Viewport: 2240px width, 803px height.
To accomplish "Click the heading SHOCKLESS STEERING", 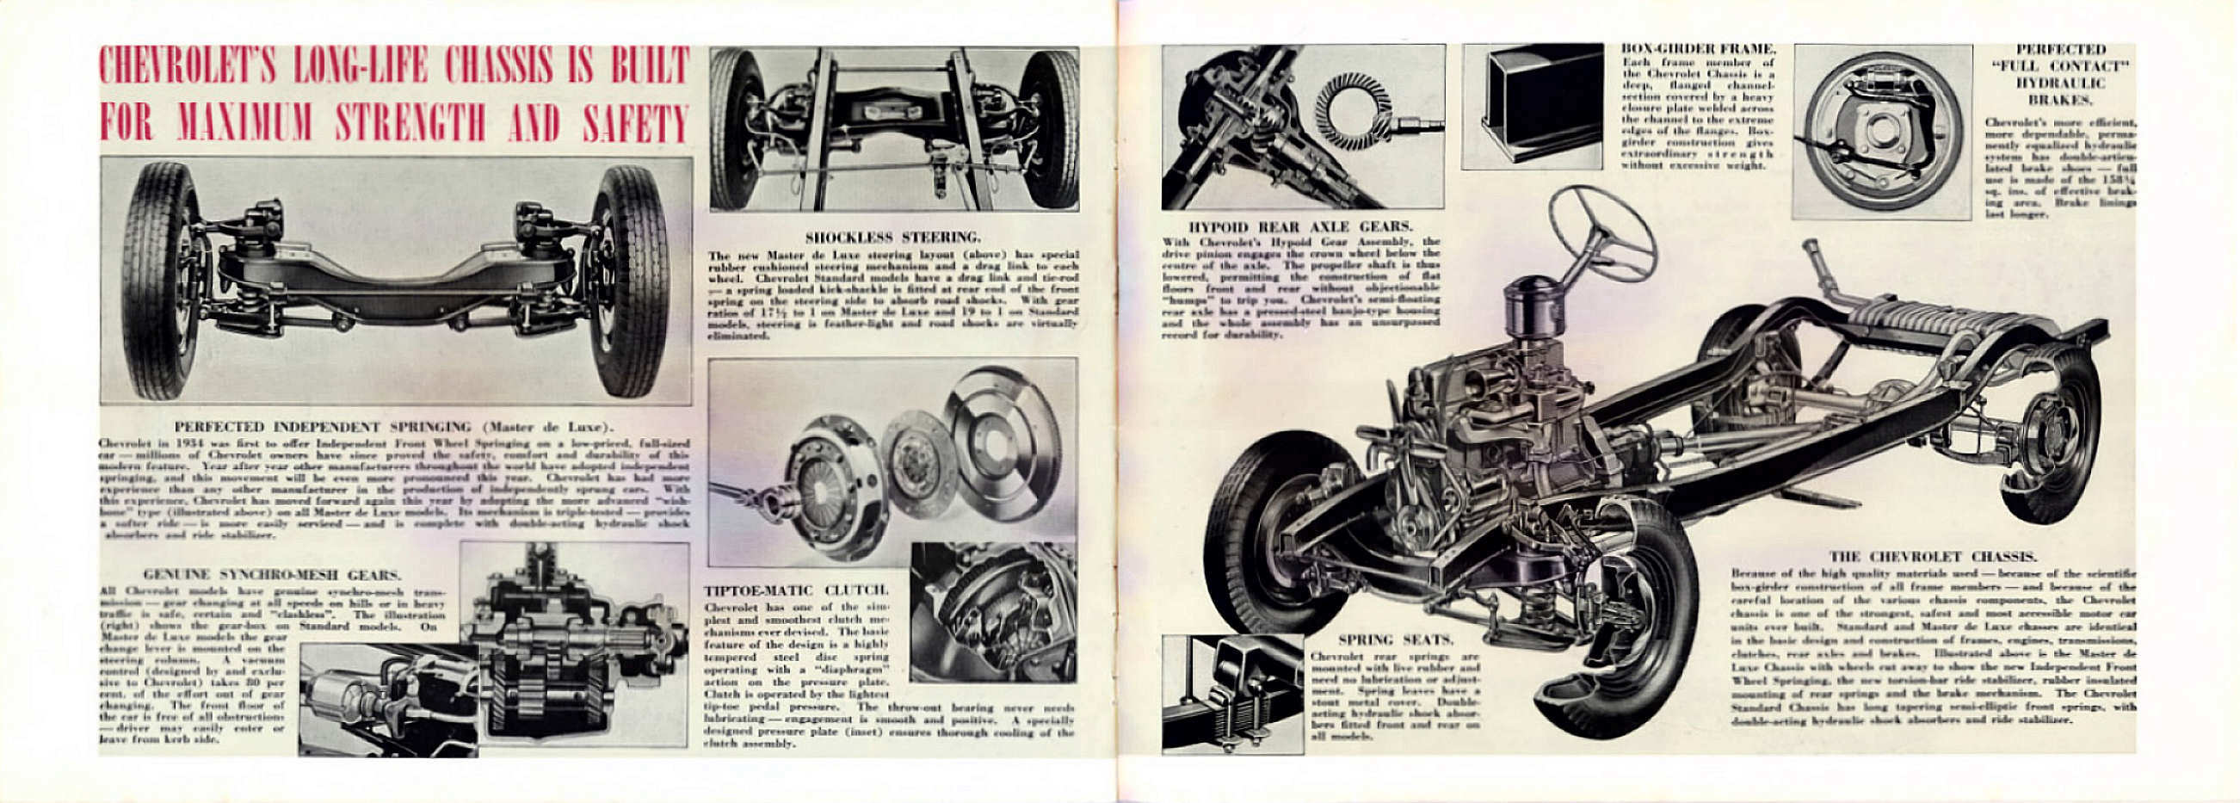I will (893, 237).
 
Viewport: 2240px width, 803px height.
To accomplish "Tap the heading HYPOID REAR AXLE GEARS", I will (1305, 226).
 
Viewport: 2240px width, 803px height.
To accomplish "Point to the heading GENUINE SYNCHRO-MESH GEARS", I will (272, 575).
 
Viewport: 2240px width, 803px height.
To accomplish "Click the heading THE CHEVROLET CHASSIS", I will (1931, 557).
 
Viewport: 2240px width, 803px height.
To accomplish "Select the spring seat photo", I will (1232, 693).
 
